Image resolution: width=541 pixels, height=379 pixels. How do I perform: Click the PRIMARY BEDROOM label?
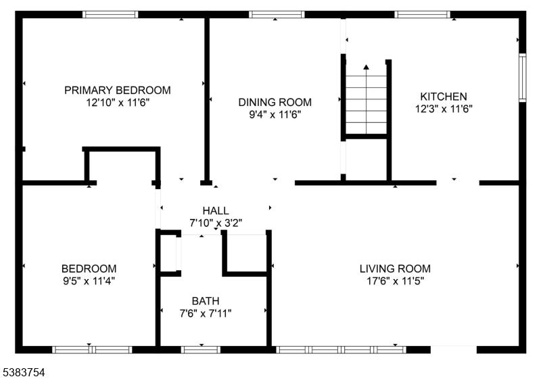pos(117,91)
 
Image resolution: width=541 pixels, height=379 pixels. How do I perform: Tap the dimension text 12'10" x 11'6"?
pos(117,103)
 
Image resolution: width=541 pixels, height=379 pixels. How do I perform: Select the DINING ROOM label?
pos(275,102)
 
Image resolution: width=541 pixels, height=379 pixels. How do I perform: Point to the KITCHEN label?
pos(444,97)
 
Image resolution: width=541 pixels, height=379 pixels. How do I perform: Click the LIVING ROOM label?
pos(395,269)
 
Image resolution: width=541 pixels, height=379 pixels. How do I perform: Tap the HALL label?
pos(216,211)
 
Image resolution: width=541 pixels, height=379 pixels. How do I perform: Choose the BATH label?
pos(206,301)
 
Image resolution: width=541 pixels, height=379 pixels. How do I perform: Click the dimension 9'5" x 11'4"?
pos(89,281)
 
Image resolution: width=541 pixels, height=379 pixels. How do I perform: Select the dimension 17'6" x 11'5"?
pos(395,281)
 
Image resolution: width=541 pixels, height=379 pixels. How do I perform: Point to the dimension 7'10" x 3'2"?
pos(216,223)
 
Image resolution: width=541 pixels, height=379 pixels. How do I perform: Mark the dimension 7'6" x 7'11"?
pos(206,313)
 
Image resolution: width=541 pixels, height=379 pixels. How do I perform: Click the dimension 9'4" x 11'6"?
pos(275,114)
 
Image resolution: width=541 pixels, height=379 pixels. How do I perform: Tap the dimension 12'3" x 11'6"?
pos(444,109)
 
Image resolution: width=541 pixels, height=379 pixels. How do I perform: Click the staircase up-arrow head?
pos(366,67)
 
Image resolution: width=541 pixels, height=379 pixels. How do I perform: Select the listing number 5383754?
pos(24,372)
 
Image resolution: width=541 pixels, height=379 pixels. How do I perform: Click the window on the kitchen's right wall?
pos(523,78)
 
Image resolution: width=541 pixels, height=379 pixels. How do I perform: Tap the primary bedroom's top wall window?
pos(110,14)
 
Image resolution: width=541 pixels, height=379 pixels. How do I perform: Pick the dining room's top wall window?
pos(277,14)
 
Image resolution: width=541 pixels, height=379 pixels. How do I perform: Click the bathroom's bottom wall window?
pos(200,350)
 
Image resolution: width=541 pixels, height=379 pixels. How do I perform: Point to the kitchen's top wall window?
pos(422,14)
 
